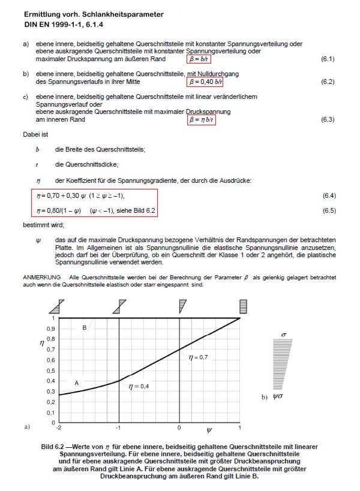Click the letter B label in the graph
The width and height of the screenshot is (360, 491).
pos(85,327)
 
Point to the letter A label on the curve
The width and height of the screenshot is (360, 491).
pos(76,382)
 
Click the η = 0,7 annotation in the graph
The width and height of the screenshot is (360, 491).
pos(198,358)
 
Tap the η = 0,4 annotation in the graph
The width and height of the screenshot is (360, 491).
pos(139,387)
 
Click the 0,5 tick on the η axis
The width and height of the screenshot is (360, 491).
pos(50,370)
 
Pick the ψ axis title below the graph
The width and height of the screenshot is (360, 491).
pos(209,430)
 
